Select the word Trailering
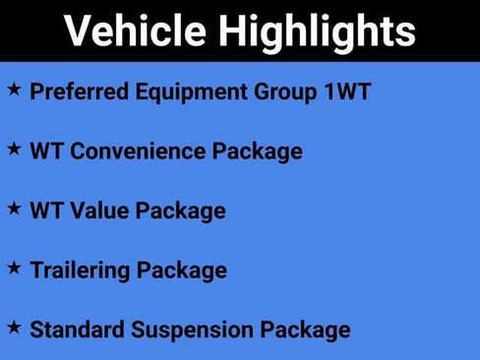(x=80, y=270)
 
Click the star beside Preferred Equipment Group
(x=14, y=90)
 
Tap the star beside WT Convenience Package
(x=14, y=150)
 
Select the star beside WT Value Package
(x=14, y=209)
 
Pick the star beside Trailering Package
(x=14, y=268)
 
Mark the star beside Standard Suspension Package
(x=14, y=327)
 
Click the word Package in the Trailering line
(x=181, y=270)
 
